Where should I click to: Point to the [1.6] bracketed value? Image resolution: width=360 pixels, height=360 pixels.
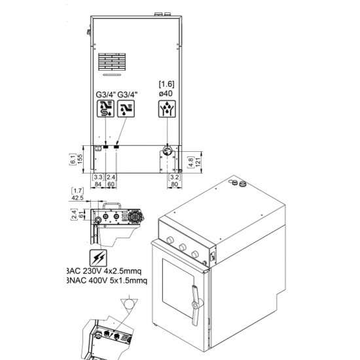pyautogui.click(x=167, y=84)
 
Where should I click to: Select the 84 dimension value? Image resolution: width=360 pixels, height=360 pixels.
pyautogui.click(x=98, y=185)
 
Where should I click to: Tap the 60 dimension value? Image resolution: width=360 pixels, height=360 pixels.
pyautogui.click(x=111, y=185)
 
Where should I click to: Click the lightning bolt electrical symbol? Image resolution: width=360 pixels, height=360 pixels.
pyautogui.click(x=100, y=257)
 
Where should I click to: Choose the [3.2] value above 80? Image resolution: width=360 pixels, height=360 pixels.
pyautogui.click(x=174, y=177)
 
